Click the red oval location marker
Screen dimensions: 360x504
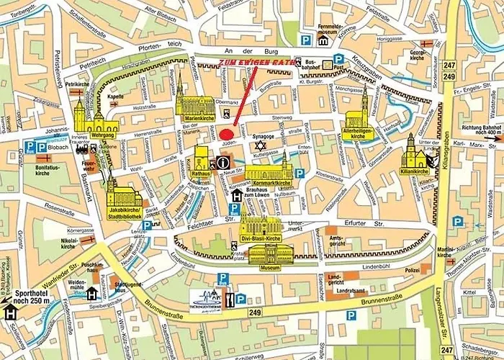[227, 134]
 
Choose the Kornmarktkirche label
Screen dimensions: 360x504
[268, 175]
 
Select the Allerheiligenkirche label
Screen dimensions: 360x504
[362, 132]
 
